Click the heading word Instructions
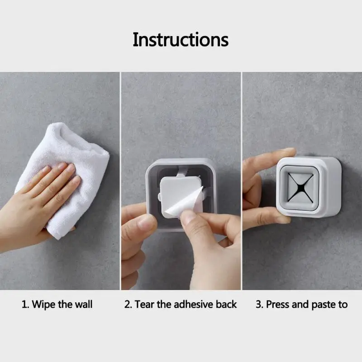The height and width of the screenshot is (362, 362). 181,39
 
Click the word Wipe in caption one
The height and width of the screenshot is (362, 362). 43,305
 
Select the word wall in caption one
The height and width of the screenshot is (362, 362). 84,304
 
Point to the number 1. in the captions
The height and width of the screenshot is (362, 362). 25,304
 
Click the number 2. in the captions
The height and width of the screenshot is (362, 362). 128,304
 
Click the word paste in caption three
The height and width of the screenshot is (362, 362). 323,305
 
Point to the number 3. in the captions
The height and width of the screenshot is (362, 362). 259,304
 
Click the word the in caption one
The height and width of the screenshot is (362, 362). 65,304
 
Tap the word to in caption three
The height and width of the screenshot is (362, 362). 343,305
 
